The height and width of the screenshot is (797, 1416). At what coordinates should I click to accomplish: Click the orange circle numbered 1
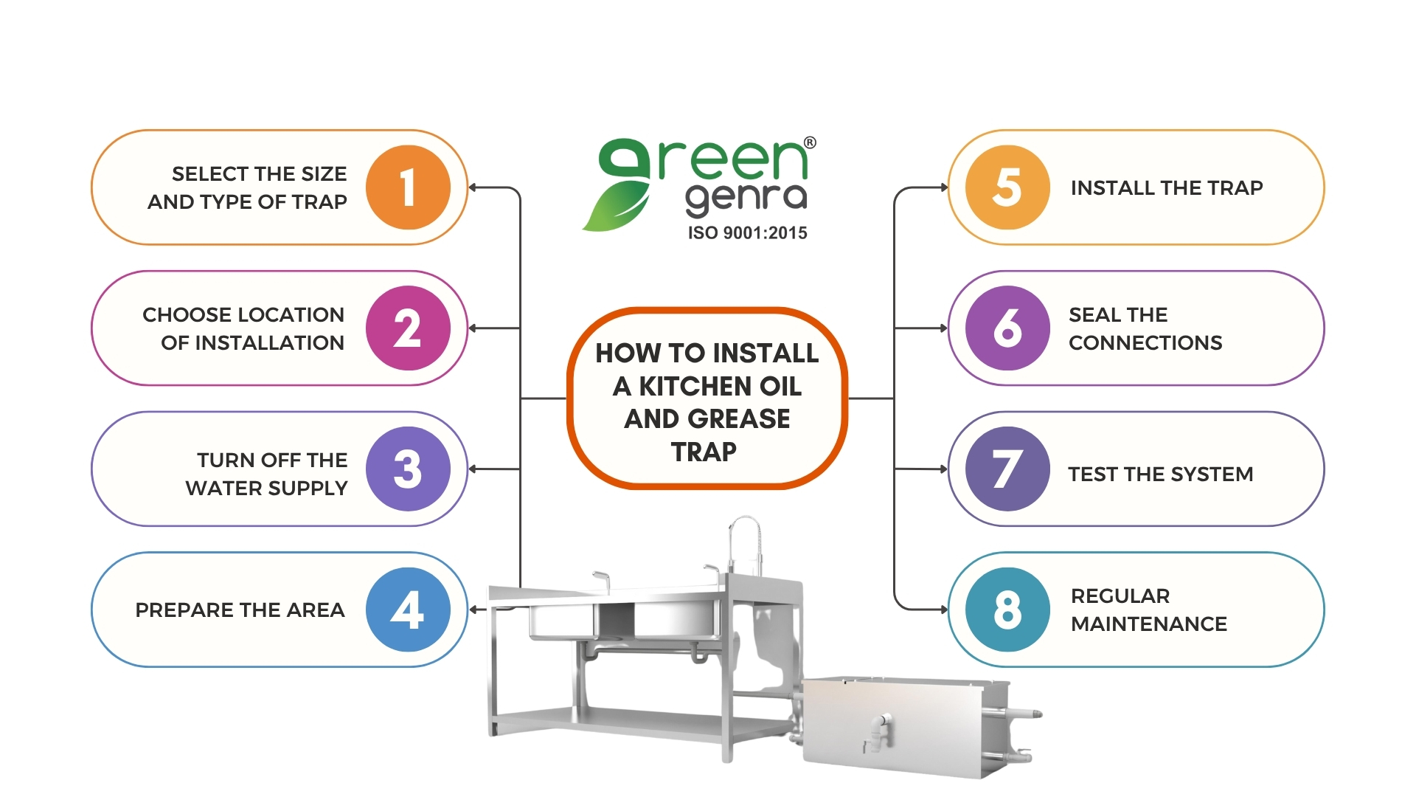408,187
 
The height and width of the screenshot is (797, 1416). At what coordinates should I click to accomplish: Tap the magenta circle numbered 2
408,328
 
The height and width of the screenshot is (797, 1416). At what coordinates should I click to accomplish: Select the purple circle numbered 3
408,469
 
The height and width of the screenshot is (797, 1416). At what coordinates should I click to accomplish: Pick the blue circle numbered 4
408,610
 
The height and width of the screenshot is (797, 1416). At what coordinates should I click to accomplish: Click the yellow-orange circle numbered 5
1007,187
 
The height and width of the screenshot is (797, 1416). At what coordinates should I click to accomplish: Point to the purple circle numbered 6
1007,328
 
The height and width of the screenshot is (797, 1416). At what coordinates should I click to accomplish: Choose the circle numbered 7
1007,469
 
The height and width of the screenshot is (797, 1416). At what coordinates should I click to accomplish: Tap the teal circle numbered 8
1007,610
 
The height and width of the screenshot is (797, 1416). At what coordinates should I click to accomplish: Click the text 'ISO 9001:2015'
747,233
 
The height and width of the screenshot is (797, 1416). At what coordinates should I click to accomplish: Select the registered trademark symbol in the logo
810,142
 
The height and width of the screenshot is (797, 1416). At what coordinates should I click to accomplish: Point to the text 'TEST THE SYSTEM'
1160,474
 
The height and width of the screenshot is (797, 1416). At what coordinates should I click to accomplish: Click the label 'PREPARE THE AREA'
240,610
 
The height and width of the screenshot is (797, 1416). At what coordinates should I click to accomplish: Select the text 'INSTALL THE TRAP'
1166,188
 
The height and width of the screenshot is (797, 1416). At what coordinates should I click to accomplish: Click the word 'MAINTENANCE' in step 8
1148,624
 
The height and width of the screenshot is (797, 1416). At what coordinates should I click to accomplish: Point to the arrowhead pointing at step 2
473,328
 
